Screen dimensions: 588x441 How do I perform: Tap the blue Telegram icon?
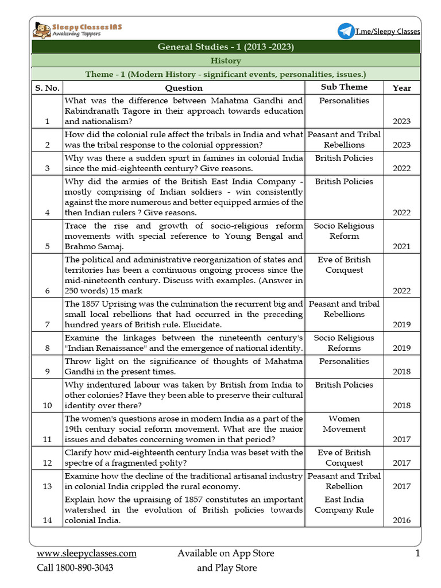(x=346, y=31)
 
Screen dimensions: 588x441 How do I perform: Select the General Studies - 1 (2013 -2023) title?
(x=226, y=47)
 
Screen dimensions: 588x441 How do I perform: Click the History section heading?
(x=226, y=61)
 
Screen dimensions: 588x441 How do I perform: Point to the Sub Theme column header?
(x=344, y=87)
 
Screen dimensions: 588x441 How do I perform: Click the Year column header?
(x=401, y=88)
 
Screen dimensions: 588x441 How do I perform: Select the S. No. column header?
(x=47, y=88)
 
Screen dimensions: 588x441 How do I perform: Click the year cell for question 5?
(x=401, y=247)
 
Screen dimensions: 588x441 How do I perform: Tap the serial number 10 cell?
(x=47, y=405)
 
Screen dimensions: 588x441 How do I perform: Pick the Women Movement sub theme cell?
(x=344, y=424)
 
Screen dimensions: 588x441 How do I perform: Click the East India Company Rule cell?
(x=344, y=505)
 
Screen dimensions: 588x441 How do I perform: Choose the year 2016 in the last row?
(x=401, y=520)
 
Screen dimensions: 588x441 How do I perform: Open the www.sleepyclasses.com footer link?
(x=87, y=554)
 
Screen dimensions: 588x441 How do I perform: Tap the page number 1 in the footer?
(x=417, y=554)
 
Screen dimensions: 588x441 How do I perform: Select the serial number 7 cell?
(x=47, y=324)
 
